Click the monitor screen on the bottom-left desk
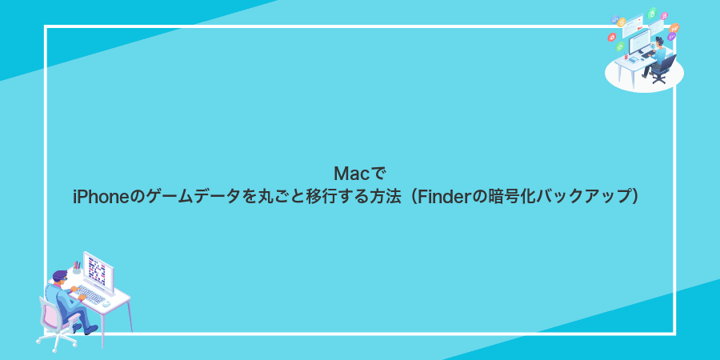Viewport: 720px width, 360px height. click(97, 272)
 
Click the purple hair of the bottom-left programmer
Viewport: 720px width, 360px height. click(60, 275)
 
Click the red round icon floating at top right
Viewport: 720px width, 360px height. click(611, 37)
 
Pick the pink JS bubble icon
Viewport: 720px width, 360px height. click(665, 15)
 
